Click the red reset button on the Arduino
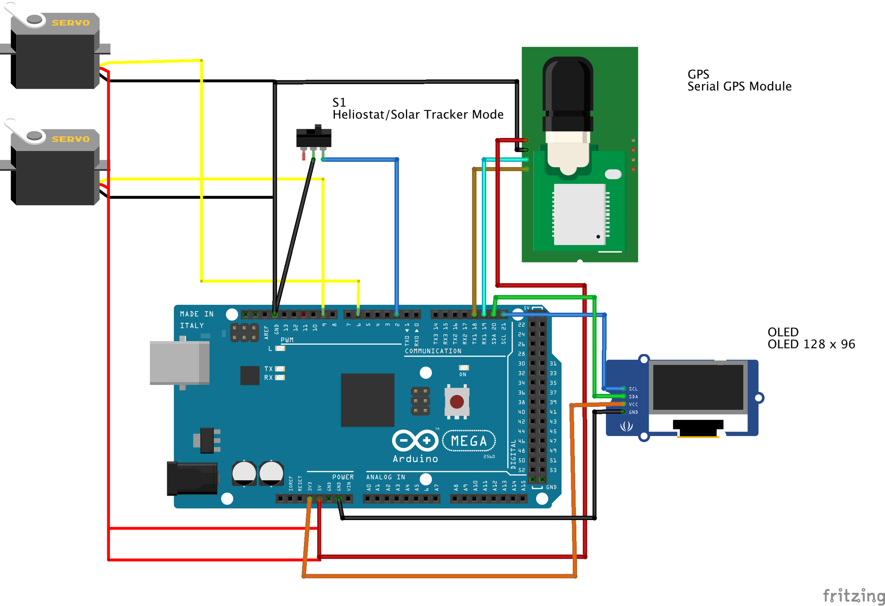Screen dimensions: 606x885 [x=457, y=401]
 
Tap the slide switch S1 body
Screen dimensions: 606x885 [x=314, y=138]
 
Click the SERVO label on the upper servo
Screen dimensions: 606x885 [x=71, y=23]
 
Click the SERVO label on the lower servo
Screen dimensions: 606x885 [x=71, y=139]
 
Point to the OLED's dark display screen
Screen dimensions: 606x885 [x=698, y=387]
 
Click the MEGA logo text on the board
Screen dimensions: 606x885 [x=469, y=441]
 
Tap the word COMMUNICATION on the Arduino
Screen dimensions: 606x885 [x=433, y=351]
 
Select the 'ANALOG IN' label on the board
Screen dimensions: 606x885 [x=385, y=477]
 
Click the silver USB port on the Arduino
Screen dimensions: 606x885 [x=179, y=363]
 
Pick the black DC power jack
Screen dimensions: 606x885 [x=192, y=478]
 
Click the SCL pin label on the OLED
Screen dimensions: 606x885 [x=633, y=389]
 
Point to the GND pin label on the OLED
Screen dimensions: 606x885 [x=633, y=412]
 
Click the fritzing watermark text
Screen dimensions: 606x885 [x=853, y=595]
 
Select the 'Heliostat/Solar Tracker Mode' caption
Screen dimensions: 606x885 [x=418, y=115]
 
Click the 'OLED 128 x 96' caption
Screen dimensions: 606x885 [x=811, y=344]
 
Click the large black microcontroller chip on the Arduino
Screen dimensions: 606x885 [x=368, y=400]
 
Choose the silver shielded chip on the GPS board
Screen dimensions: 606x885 [x=580, y=214]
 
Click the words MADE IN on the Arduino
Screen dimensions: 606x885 [x=197, y=314]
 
